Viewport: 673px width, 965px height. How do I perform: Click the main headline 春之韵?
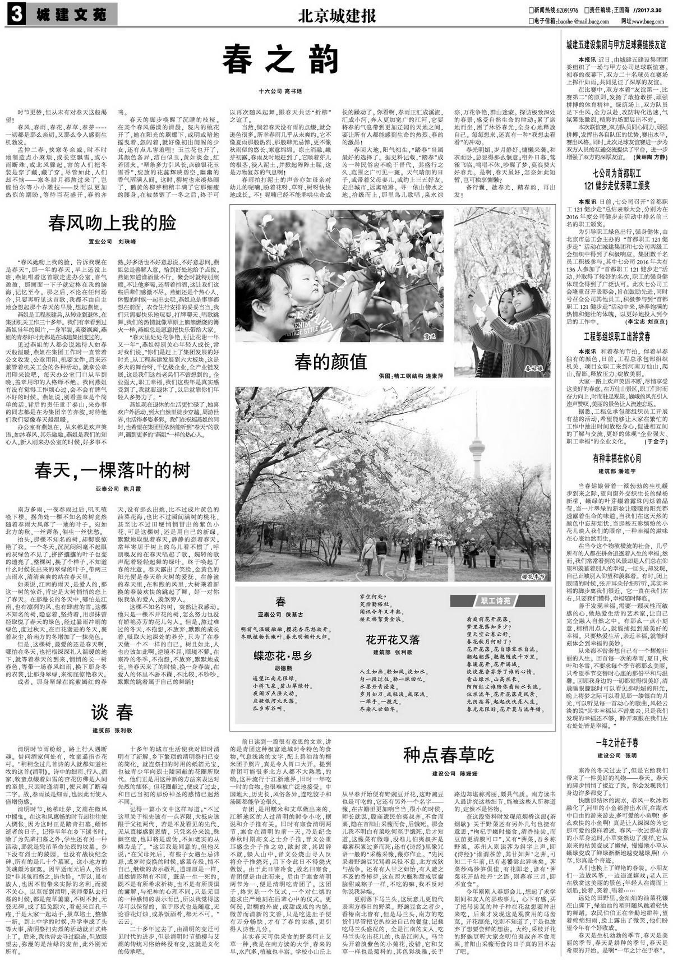280,59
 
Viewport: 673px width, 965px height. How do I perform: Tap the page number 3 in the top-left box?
16,16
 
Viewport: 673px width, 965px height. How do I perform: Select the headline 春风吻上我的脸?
112,223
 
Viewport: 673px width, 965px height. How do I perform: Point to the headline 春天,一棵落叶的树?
112,470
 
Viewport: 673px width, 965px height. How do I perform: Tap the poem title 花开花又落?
393,640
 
